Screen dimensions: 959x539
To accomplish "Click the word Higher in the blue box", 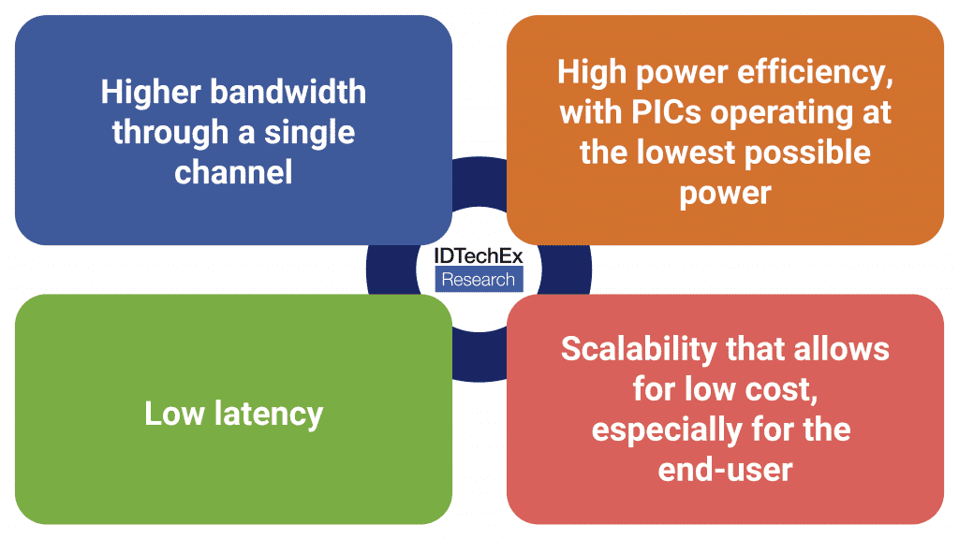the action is coord(151,93).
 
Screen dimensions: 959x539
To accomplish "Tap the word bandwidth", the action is coord(288,92).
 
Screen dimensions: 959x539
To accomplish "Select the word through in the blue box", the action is coord(170,133).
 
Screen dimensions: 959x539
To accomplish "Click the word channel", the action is coord(233,172).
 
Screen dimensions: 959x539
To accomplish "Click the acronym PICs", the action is coord(666,112).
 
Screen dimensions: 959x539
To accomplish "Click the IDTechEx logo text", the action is coord(479,256).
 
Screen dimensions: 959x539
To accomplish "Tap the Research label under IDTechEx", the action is coord(479,279).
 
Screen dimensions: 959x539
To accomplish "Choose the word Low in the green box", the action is coord(174,413).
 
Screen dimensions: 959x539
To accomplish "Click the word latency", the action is coord(269,415).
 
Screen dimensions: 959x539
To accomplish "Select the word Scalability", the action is coord(639,350).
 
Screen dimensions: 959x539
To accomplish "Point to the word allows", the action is coord(841,349).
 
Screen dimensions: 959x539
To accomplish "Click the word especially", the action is coord(667,430).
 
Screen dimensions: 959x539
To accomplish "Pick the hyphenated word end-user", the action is coord(726,470).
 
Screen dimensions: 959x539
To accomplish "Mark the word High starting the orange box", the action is coord(592,73).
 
